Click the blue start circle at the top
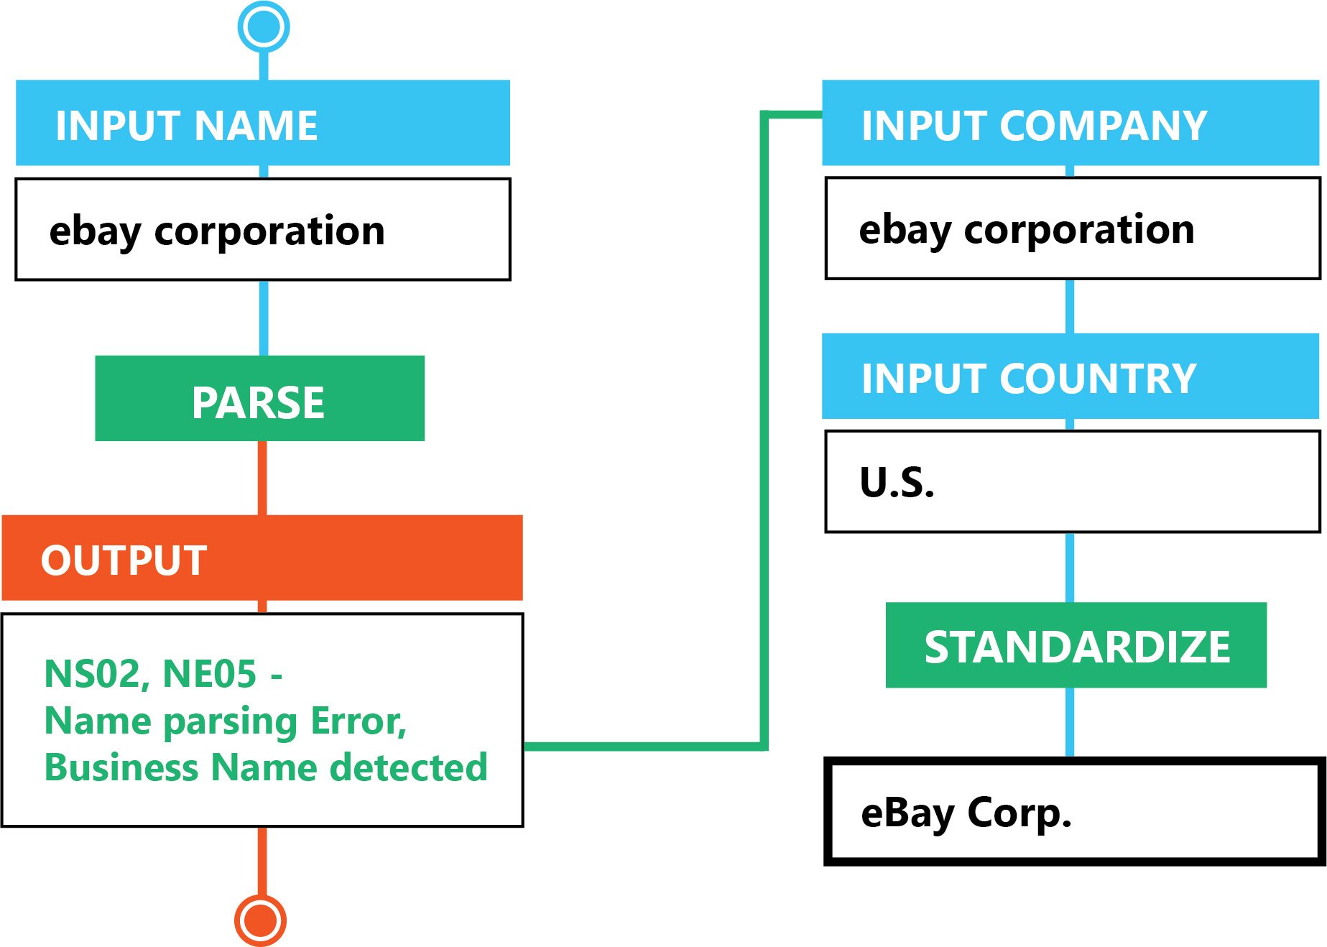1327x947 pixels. pyautogui.click(x=264, y=27)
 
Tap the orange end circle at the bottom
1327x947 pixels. pyautogui.click(x=260, y=920)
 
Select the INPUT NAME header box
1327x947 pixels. pyautogui.click(x=262, y=123)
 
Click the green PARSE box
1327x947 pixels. pyautogui.click(x=259, y=398)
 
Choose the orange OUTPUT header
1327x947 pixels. pyautogui.click(x=262, y=558)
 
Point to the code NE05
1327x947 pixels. pyautogui.click(x=209, y=674)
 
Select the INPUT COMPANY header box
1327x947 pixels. pyautogui.click(x=1070, y=123)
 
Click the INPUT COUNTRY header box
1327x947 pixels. pyautogui.click(x=1070, y=376)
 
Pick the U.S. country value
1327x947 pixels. pyautogui.click(x=897, y=482)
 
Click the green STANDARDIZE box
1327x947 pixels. pyautogui.click(x=1076, y=645)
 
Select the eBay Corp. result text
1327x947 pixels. pyautogui.click(x=966, y=813)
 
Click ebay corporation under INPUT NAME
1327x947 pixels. pyautogui.click(x=216, y=231)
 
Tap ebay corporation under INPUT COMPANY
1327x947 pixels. pyautogui.click(x=1026, y=230)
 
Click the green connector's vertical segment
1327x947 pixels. pyautogui.click(x=764, y=431)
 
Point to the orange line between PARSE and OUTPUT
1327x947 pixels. pyautogui.click(x=262, y=478)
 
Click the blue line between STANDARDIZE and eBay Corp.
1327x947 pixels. pyautogui.click(x=1070, y=722)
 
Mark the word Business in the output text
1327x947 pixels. pyautogui.click(x=121, y=767)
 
